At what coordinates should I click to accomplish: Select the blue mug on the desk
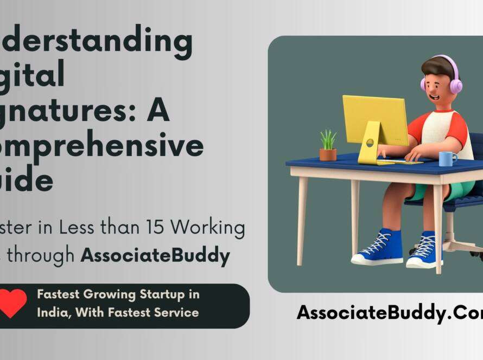(447, 158)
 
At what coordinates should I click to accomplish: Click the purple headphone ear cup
(455, 86)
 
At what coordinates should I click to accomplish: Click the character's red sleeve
(417, 126)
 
